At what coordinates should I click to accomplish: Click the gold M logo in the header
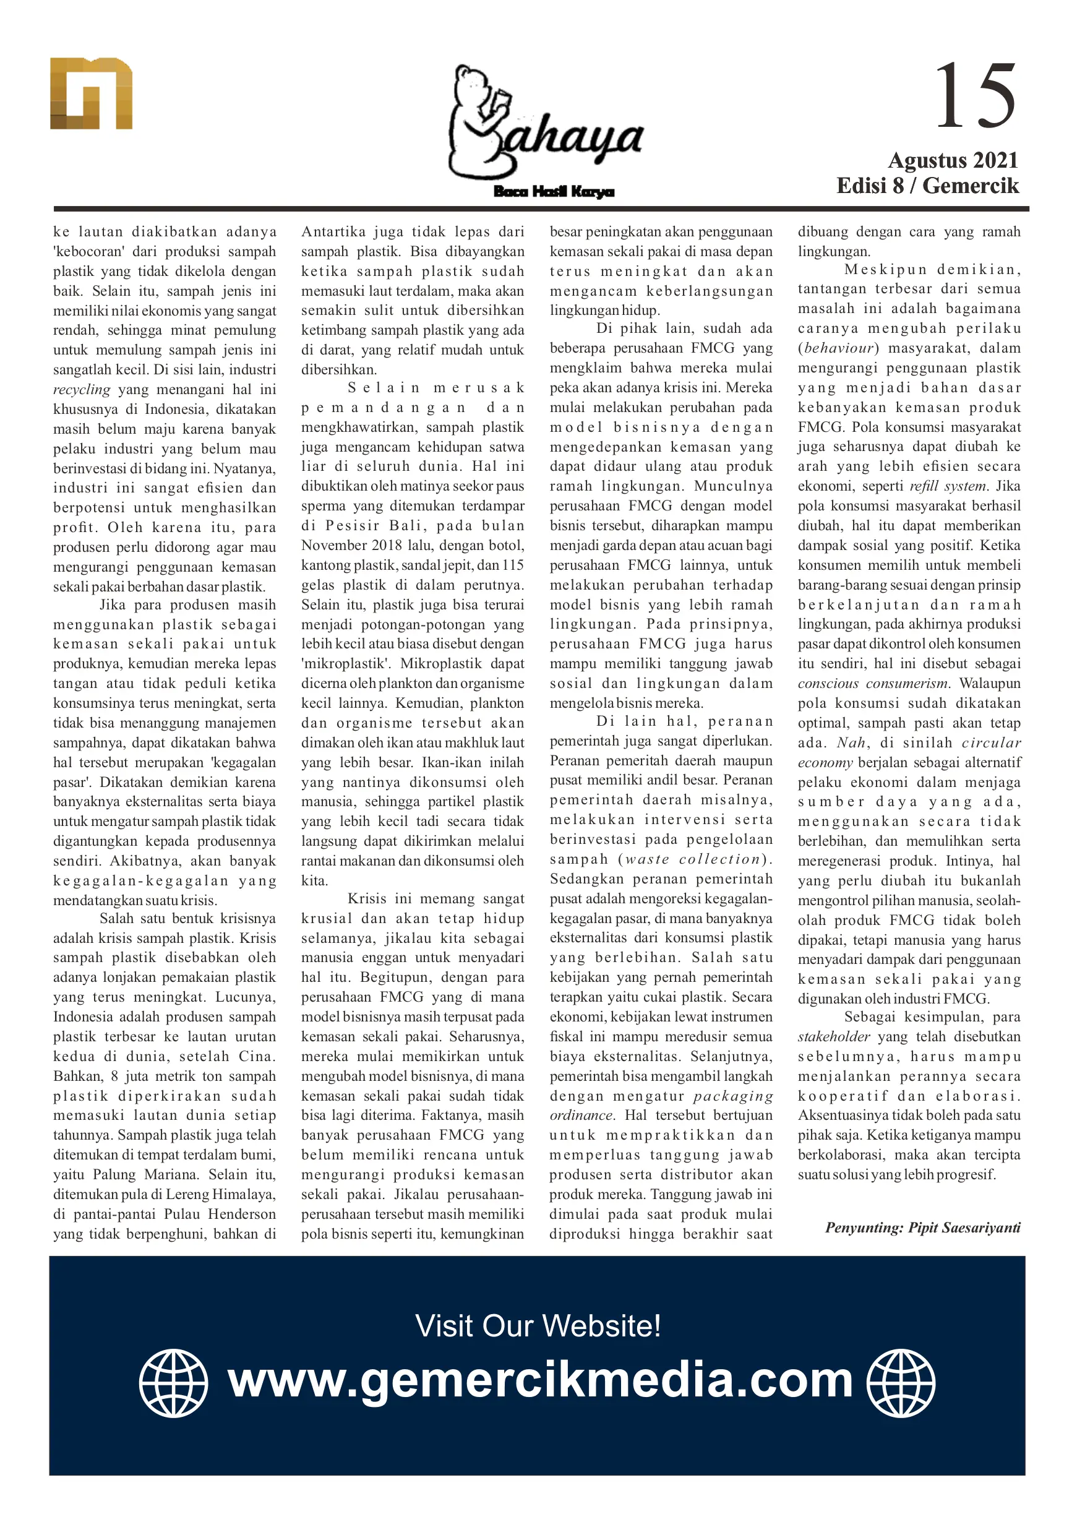point(91,93)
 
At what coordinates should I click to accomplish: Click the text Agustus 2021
point(952,160)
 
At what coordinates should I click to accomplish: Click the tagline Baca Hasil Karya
point(554,192)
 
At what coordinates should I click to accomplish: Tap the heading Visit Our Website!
point(538,1326)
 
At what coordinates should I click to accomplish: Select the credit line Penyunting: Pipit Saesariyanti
point(922,1228)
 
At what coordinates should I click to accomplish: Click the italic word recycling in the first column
point(82,389)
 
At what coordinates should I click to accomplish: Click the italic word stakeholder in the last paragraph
point(833,1036)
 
